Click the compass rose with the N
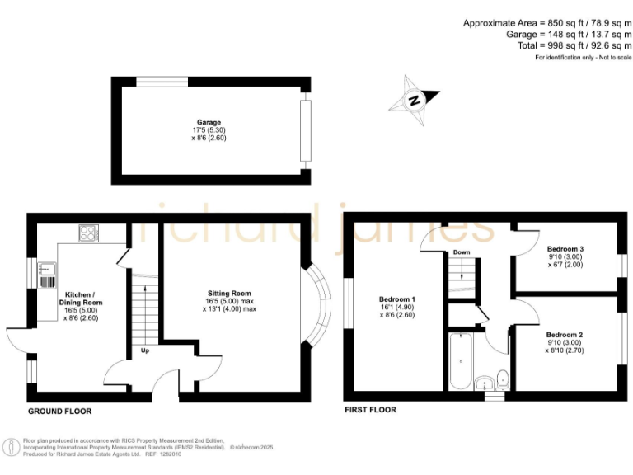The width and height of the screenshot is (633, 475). pyautogui.click(x=415, y=101)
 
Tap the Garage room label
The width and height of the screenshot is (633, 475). pyautogui.click(x=209, y=122)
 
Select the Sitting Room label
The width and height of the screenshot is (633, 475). pyautogui.click(x=229, y=293)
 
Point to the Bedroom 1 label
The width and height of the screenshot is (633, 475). pyautogui.click(x=396, y=299)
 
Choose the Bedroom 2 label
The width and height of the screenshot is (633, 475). pyautogui.click(x=565, y=335)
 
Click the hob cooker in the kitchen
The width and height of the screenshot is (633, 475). pyautogui.click(x=88, y=233)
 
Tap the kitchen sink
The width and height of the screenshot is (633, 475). pyautogui.click(x=46, y=267)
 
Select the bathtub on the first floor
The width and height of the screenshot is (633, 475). pyautogui.click(x=457, y=360)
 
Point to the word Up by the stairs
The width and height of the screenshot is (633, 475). pyautogui.click(x=144, y=350)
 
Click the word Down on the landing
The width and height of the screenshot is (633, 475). pyautogui.click(x=461, y=252)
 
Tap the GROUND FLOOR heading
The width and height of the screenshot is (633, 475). pyautogui.click(x=59, y=411)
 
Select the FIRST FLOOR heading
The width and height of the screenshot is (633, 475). pyautogui.click(x=370, y=410)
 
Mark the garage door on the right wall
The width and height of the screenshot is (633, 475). pyautogui.click(x=307, y=129)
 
